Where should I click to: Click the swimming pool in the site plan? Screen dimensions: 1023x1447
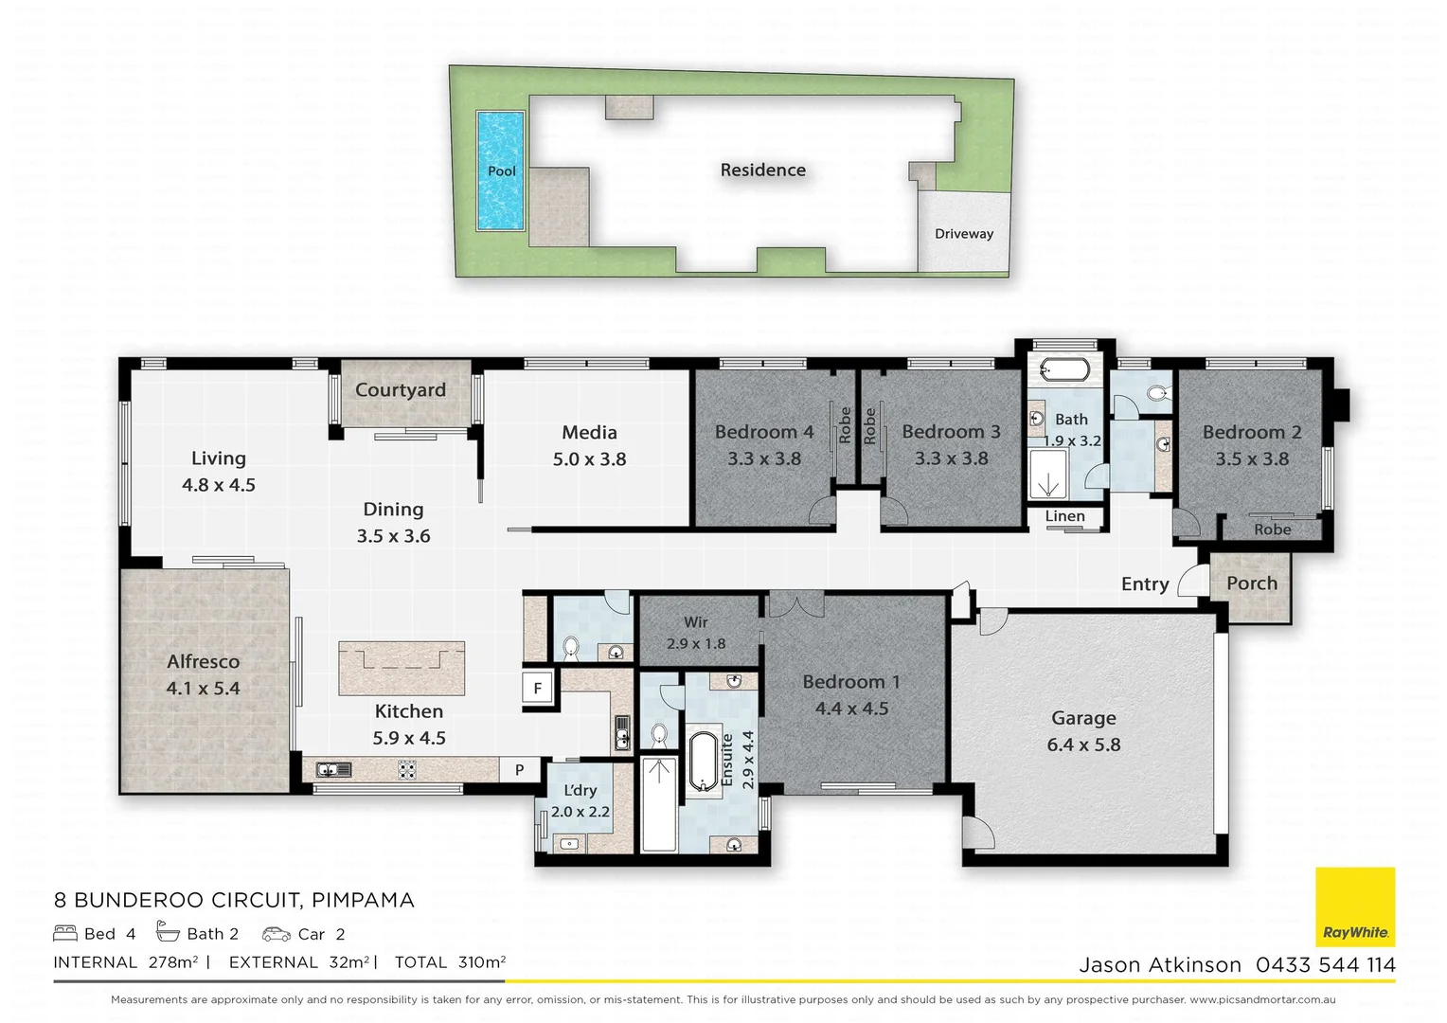pos(500,170)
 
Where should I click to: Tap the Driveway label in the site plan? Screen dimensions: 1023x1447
pos(963,234)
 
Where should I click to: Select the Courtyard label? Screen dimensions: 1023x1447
pos(400,390)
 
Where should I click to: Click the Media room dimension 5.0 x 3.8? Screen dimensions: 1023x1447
pos(589,459)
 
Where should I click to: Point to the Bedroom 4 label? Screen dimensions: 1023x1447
pos(763,432)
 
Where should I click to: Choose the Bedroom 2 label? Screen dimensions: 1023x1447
pos(1251,432)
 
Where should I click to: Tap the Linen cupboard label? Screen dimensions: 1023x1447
pos(1064,516)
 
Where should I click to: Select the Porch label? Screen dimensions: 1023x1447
pos(1251,583)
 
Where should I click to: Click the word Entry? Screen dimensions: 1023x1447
pos(1144,584)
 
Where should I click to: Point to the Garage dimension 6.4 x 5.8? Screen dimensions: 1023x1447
pos(1083,745)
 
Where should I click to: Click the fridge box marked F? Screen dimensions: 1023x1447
pos(537,689)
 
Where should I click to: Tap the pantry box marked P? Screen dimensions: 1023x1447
pos(519,770)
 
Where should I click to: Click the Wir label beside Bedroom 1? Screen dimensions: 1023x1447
pos(695,622)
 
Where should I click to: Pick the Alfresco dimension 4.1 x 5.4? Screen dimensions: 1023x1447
pos(203,689)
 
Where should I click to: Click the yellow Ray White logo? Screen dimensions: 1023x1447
pos(1355,906)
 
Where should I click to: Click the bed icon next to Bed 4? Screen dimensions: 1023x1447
pos(64,934)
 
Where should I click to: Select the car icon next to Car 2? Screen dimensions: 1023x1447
pos(276,934)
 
